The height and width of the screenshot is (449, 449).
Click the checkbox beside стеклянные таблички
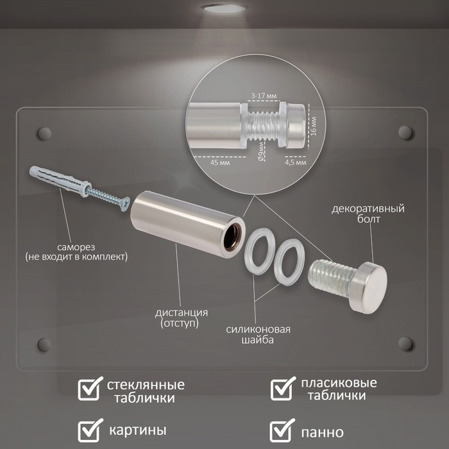tap(90, 388)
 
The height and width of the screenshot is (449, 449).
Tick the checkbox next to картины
tap(90, 430)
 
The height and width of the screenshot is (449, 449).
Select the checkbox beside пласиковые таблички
tap(283, 388)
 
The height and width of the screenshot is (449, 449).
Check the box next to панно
tap(282, 430)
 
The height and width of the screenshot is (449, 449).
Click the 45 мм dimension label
tap(220, 163)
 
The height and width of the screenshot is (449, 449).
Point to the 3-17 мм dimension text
tap(264, 96)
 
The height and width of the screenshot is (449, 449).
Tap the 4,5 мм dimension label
tap(296, 163)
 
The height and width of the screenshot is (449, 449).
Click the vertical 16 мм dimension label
tap(313, 126)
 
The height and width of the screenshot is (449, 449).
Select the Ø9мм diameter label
tap(261, 151)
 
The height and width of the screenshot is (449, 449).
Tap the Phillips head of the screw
tap(125, 204)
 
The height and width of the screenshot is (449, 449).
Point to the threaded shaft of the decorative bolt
tap(331, 277)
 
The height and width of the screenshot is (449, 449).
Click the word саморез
tap(76, 247)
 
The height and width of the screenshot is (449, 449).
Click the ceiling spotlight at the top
tap(224, 8)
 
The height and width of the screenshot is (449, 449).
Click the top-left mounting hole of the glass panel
tap(44, 133)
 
